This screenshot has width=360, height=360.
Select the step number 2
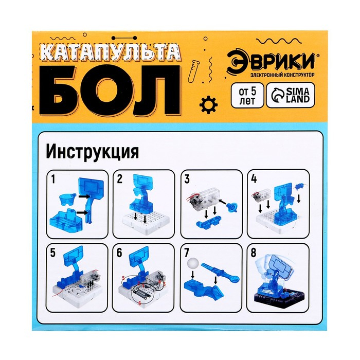coord(119,179)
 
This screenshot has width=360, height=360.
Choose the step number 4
coord(254,179)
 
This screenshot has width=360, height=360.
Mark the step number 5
coord(52,253)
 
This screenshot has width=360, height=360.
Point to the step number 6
coord(119,253)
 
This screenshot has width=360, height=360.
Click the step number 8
coord(254,253)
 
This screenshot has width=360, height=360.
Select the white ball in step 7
coord(192,262)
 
